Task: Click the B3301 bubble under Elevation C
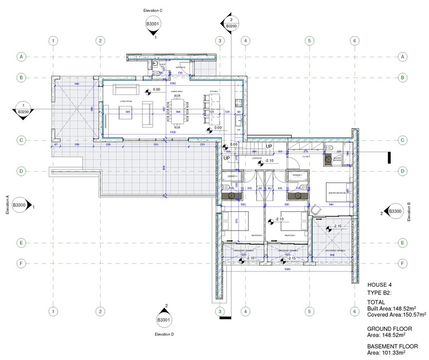153,25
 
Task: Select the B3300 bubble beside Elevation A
20,205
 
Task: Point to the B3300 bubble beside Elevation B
395,212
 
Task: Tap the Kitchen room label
213,92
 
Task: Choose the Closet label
306,155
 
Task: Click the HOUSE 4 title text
382,284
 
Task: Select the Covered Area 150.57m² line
395,314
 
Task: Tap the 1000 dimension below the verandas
287,270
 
